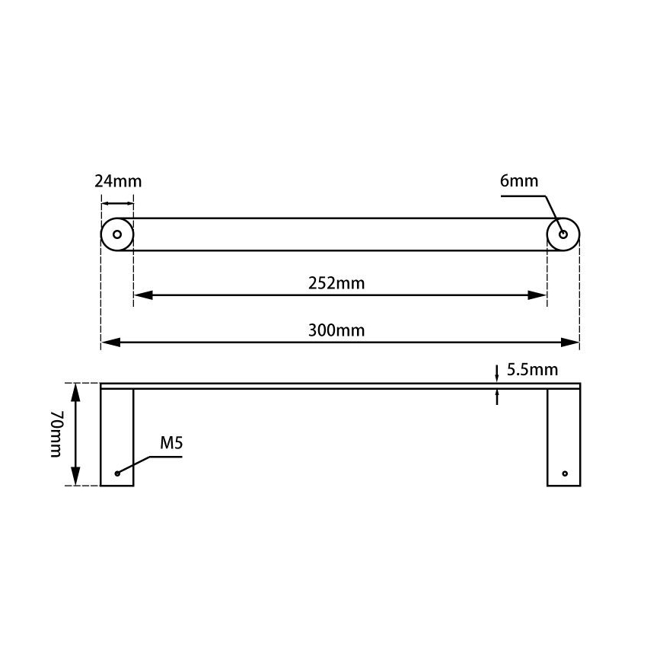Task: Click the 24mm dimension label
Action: pos(117,182)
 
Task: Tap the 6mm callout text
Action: pos(519,181)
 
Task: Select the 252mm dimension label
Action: pos(336,284)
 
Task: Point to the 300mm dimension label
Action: pos(336,330)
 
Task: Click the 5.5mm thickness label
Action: pos(532,371)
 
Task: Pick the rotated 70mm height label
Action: pos(56,434)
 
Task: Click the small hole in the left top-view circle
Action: pos(117,234)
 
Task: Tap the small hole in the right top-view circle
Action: pos(563,234)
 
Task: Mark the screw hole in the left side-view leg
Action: pos(117,473)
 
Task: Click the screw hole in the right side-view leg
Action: pos(565,473)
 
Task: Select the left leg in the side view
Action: pos(117,437)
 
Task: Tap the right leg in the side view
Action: pos(563,437)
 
